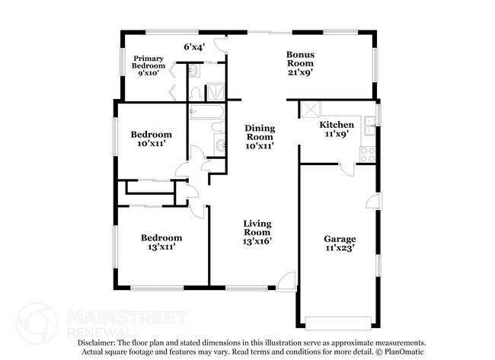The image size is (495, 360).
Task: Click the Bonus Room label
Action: tap(300, 59)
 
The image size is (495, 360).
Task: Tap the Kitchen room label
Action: tap(335, 129)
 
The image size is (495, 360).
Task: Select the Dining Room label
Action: tap(259, 137)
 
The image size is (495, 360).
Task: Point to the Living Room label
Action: tap(257, 232)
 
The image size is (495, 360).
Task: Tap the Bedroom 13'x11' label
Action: tap(160, 242)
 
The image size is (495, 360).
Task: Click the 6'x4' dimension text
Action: tap(195, 46)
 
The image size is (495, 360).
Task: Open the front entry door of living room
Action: tap(286, 282)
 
